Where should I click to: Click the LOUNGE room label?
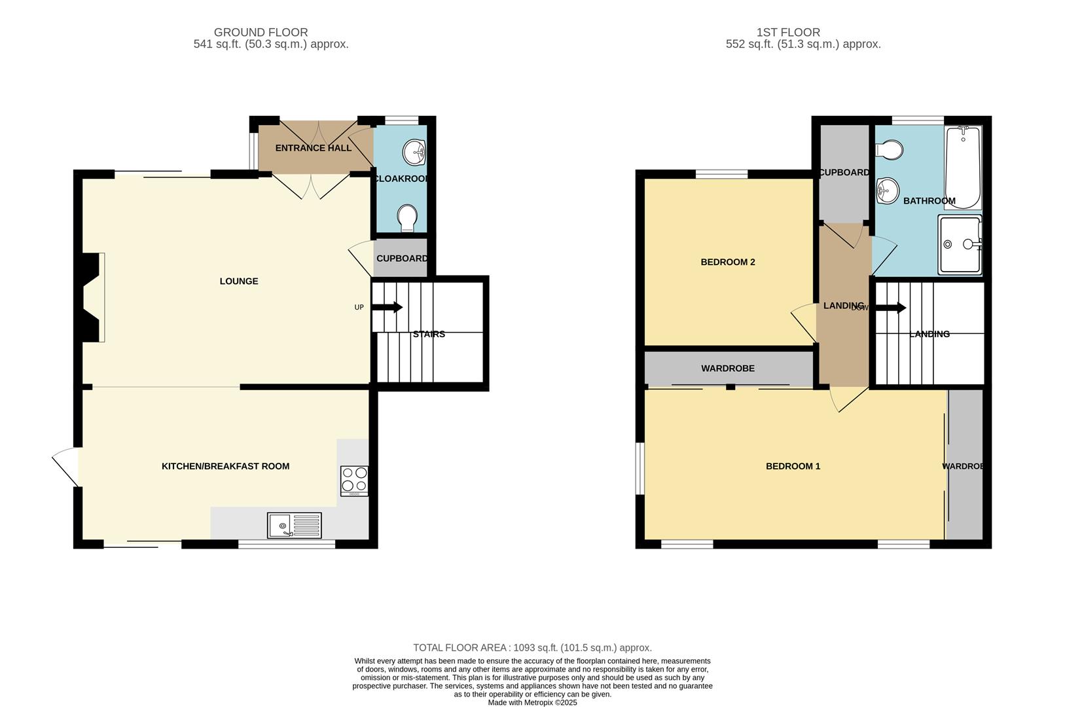[x=238, y=281]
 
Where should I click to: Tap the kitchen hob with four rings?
[x=354, y=480]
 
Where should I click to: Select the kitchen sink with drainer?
[x=294, y=525]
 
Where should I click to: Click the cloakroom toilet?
[x=407, y=217]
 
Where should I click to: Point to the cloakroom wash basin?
[x=414, y=153]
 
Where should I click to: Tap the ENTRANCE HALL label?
[x=313, y=148]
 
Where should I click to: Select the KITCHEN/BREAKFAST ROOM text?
[x=225, y=466]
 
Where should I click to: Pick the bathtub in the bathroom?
[x=962, y=168]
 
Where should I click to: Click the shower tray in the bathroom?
[x=960, y=244]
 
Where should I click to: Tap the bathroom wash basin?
[x=887, y=190]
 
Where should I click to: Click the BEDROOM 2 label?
[x=727, y=262]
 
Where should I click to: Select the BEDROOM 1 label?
[x=793, y=466]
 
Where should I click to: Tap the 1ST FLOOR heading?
[x=787, y=32]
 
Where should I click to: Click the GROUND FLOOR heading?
[x=261, y=32]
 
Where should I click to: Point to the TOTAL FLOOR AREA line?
[x=532, y=647]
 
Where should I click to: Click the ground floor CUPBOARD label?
[x=401, y=259]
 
